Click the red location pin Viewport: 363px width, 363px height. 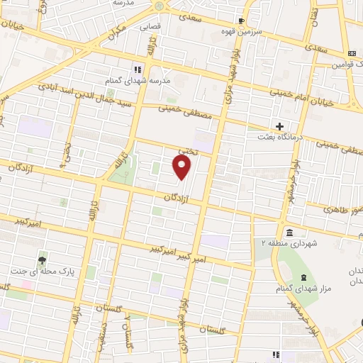coord(183,167)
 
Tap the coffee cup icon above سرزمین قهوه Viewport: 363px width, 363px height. coord(241,21)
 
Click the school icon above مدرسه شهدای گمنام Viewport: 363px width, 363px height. coord(138,69)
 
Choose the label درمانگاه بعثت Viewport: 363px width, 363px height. coord(298,137)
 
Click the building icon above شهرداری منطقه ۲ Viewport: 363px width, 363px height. coord(289,232)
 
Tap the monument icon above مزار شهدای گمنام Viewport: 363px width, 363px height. coord(303,277)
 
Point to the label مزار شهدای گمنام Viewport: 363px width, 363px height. coord(303,289)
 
